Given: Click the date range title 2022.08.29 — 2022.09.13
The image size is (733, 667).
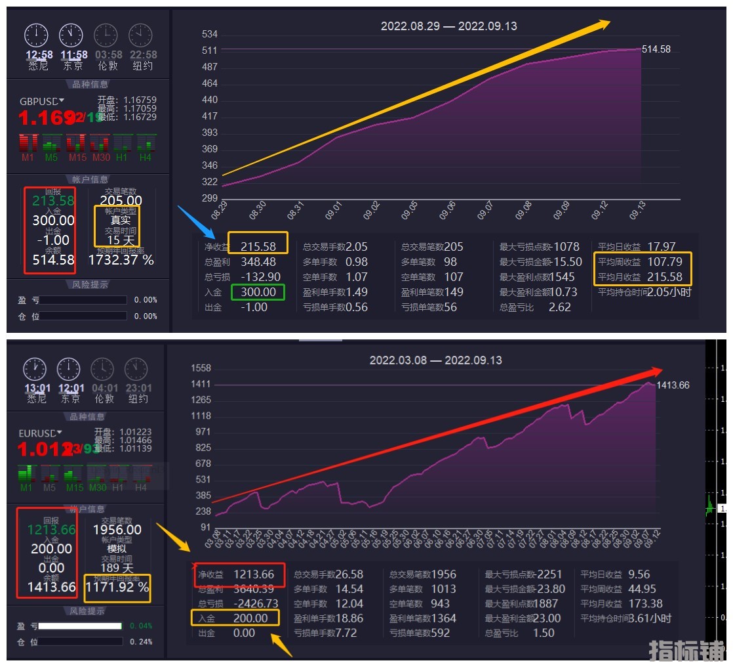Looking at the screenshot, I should pyautogui.click(x=448, y=26).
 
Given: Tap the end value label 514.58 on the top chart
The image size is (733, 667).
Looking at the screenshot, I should pyautogui.click(x=656, y=49).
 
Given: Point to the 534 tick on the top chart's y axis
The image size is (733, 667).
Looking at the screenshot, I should pyautogui.click(x=210, y=34).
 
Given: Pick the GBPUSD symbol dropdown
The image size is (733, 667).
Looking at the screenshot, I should pyautogui.click(x=42, y=101).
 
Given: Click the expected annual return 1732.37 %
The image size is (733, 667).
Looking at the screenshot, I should pyautogui.click(x=121, y=261).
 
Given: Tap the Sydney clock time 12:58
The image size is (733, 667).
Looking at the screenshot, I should pyautogui.click(x=39, y=55).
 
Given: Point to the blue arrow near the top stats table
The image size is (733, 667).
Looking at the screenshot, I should pyautogui.click(x=197, y=222).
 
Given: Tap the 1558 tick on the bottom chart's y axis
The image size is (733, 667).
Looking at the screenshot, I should pyautogui.click(x=200, y=369).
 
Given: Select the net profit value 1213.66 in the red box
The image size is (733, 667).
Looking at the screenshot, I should pyautogui.click(x=254, y=574).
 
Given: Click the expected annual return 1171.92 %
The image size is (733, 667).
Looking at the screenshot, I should pyautogui.click(x=117, y=588).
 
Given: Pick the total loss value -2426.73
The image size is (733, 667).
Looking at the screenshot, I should pyautogui.click(x=255, y=603).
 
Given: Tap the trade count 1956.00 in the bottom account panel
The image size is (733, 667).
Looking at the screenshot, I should pyautogui.click(x=117, y=530).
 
